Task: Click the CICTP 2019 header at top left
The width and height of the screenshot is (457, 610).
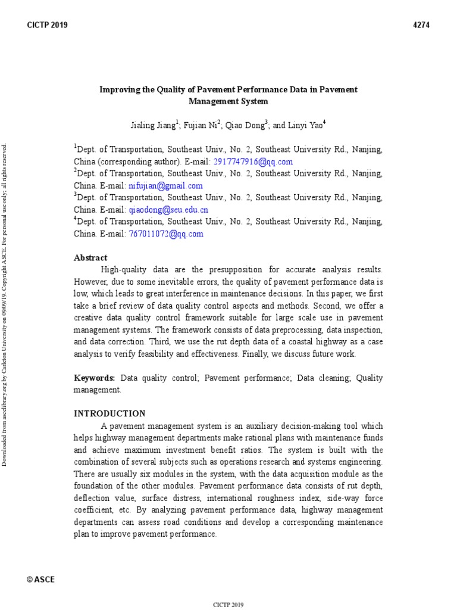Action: pyautogui.click(x=47, y=25)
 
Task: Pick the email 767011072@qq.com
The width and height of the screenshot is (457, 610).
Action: pyautogui.click(x=166, y=234)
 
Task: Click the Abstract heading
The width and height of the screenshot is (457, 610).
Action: pyautogui.click(x=90, y=258)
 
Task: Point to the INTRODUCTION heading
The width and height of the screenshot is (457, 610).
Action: pyautogui.click(x=109, y=413)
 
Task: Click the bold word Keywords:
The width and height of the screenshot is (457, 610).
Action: pyautogui.click(x=94, y=378)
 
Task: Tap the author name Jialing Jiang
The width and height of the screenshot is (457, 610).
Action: pyautogui.click(x=153, y=126)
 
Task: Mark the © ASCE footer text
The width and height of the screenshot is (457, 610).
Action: pyautogui.click(x=41, y=580)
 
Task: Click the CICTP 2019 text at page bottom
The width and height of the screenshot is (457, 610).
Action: pyautogui.click(x=228, y=605)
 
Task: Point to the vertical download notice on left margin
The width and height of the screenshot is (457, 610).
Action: pyautogui.click(x=7, y=304)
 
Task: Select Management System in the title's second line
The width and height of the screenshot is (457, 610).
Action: pyautogui.click(x=228, y=102)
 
